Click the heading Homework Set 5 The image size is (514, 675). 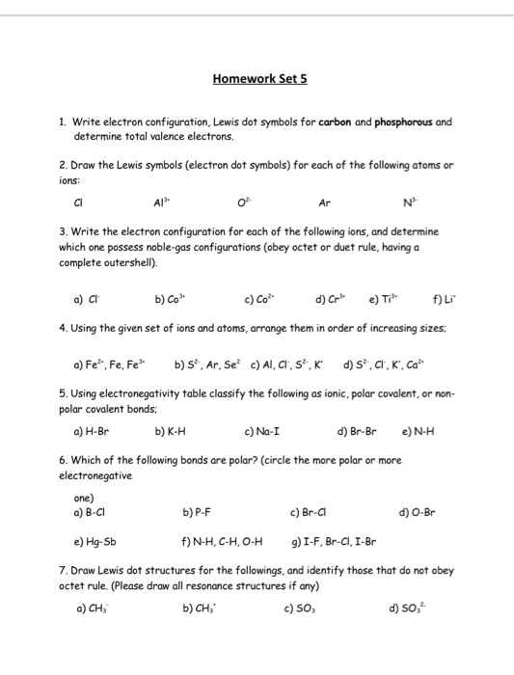coord(257,80)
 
